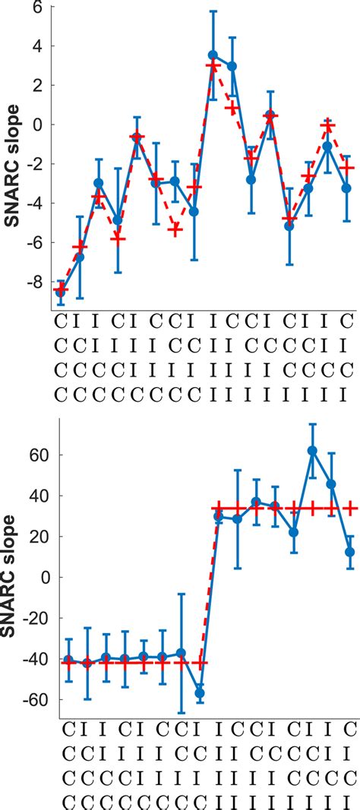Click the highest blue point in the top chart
point(213,55)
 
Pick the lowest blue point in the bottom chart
point(200,693)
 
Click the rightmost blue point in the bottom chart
point(349,552)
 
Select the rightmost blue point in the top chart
point(346,188)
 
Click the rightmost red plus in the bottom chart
point(350,509)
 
